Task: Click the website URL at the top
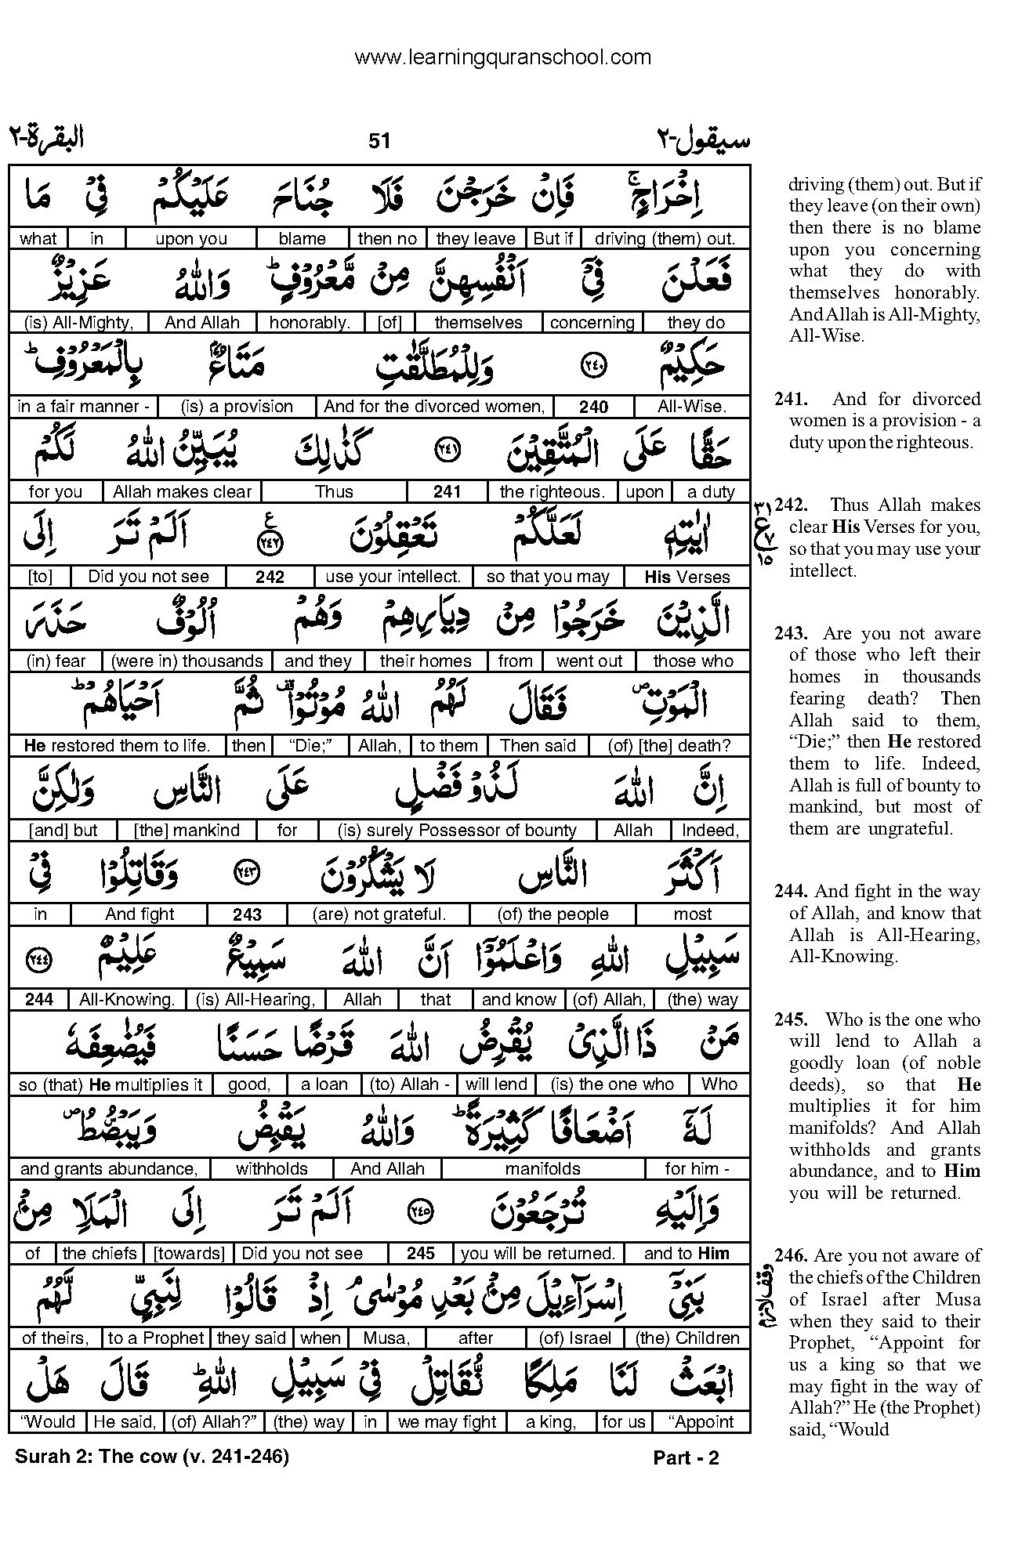tap(502, 57)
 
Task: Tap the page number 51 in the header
tap(379, 140)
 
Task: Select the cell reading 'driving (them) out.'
tap(665, 238)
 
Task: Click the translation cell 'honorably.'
tap(310, 322)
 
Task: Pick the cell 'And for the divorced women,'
tap(434, 407)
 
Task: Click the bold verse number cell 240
tap(594, 407)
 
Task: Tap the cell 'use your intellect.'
tap(393, 577)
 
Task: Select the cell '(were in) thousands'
tap(187, 661)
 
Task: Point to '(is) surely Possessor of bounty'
tap(457, 831)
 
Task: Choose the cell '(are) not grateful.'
tap(379, 914)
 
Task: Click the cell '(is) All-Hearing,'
tap(255, 1000)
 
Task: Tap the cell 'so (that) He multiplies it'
tap(111, 1084)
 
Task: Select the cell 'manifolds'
tap(542, 1169)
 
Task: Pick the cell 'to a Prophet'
tap(155, 1338)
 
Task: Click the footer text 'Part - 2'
tap(686, 1458)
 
